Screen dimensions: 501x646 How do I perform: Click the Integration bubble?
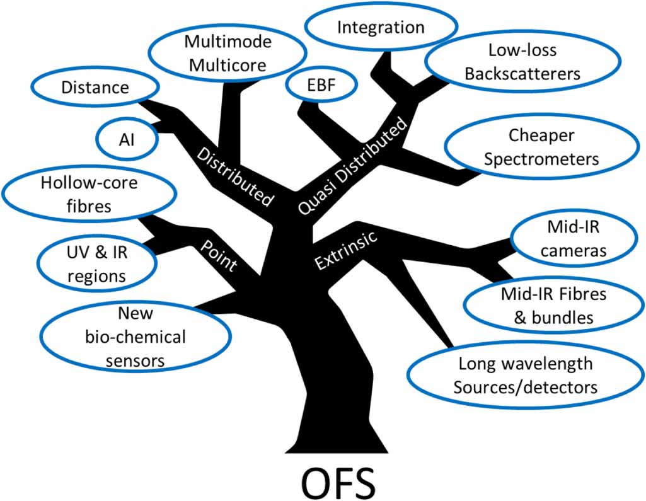click(380, 28)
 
